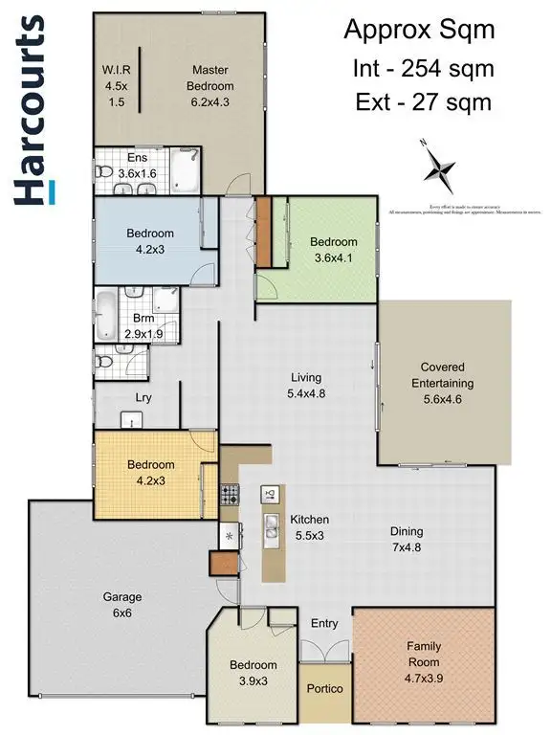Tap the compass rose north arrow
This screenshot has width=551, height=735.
(x=440, y=168)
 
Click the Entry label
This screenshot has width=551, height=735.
(x=325, y=623)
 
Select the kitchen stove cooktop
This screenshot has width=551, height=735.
(x=230, y=496)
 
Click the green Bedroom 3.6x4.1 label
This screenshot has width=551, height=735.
(x=333, y=249)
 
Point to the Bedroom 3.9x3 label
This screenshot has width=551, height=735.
(x=253, y=672)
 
